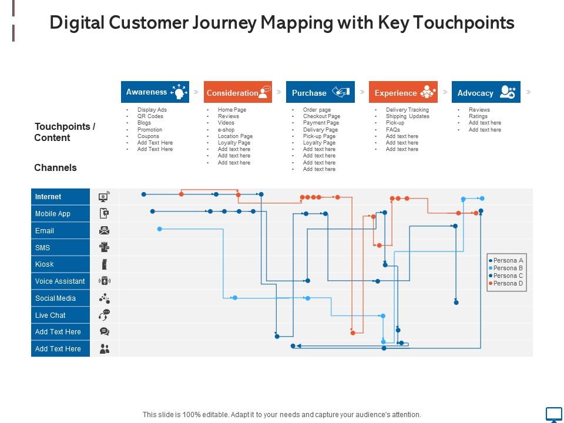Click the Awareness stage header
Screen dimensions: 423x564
155,92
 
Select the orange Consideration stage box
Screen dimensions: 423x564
238,92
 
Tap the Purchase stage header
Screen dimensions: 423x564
321,92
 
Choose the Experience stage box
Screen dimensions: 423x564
403,92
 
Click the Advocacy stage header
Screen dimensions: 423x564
486,92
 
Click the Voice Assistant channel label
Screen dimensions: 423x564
61,281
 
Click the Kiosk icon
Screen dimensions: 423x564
105,264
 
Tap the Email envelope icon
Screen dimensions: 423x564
105,230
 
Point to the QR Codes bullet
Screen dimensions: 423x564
150,116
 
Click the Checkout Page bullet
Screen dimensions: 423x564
321,116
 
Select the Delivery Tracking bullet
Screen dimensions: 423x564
407,110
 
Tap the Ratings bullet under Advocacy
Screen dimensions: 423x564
478,116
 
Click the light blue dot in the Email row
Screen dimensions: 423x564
160,229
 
